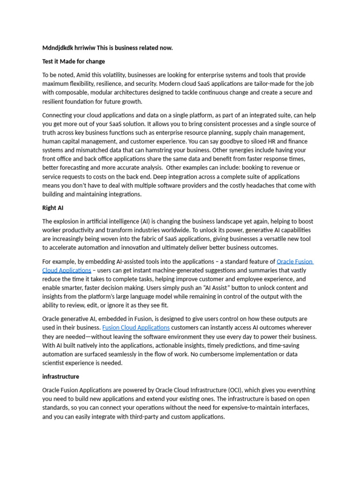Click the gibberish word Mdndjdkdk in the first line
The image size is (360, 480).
57,48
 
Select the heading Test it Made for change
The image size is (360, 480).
74,61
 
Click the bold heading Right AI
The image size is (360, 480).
53,208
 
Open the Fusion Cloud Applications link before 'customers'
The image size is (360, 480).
136,328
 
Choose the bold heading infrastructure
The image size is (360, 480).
60,376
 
